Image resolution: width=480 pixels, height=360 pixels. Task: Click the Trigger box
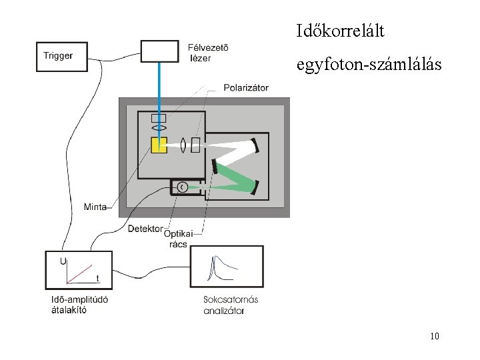click(61, 56)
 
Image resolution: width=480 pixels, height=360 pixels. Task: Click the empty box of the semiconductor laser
click(159, 51)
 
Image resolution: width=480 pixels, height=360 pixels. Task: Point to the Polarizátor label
click(246, 87)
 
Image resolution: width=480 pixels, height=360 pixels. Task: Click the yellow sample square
click(159, 145)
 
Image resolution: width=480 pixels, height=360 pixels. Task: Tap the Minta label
click(95, 207)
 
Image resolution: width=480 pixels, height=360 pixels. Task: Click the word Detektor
click(145, 229)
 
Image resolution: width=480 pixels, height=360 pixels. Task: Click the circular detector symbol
click(182, 188)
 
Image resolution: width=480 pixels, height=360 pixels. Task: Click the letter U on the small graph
click(63, 260)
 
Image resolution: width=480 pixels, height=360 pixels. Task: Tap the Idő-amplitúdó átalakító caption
click(79, 304)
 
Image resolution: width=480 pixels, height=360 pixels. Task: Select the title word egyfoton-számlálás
click(369, 65)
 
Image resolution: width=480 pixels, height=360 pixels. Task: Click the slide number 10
click(435, 336)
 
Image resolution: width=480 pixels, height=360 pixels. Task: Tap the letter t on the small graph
click(97, 278)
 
